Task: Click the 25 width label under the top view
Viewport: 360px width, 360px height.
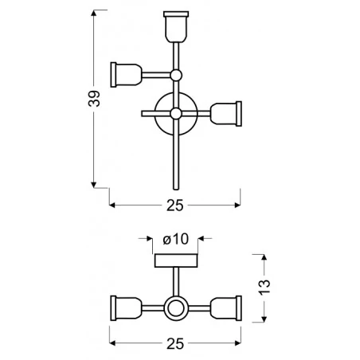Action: (x=175, y=205)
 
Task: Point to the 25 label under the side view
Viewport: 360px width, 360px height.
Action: (x=175, y=343)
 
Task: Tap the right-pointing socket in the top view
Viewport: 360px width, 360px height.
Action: (x=227, y=112)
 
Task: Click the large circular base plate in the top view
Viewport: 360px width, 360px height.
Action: (x=176, y=113)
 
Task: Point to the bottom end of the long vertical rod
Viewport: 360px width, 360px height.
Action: (x=176, y=188)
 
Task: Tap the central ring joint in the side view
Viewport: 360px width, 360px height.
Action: (x=176, y=307)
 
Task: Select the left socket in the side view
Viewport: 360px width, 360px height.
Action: (x=125, y=307)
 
